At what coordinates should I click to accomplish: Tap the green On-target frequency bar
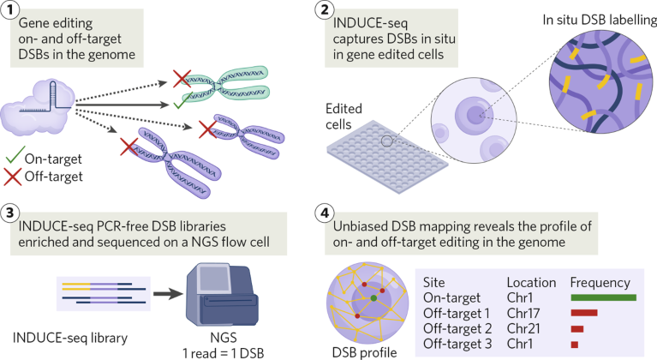click(603, 297)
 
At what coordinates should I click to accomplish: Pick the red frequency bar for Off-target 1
click(583, 313)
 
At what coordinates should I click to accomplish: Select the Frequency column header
click(600, 282)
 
